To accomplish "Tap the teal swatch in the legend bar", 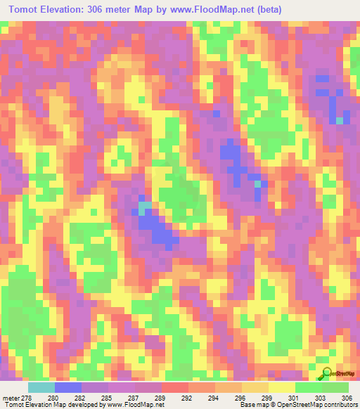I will pyautogui.click(x=41, y=387).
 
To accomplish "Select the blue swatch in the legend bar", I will pyautogui.click(x=68, y=387).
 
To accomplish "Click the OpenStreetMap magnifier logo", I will pyautogui.click(x=326, y=373).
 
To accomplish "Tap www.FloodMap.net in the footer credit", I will pyautogui.click(x=130, y=404).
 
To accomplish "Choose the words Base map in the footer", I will pyautogui.click(x=252, y=404).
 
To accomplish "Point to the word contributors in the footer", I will pyautogui.click(x=339, y=404).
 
